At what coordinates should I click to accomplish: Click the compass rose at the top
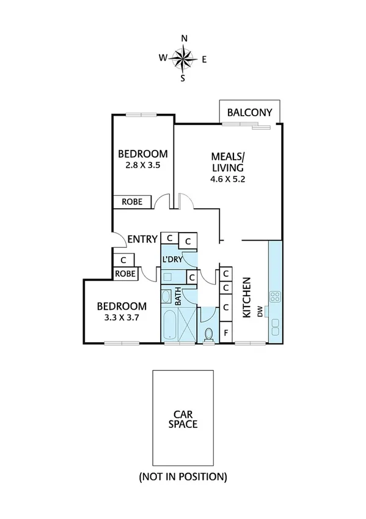(183, 59)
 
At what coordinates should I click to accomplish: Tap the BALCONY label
(250, 113)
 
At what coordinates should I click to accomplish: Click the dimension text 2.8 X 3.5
(142, 165)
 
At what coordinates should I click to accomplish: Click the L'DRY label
(172, 259)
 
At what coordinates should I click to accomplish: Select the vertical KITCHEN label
(247, 297)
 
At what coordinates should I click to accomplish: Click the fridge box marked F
(226, 333)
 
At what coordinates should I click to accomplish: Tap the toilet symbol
(209, 335)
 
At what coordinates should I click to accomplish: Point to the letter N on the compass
(183, 38)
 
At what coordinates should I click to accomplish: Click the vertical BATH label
(178, 298)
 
